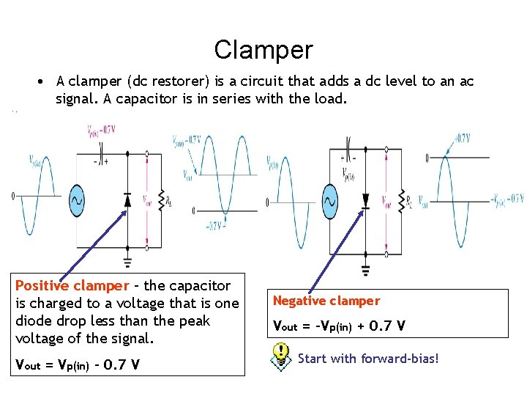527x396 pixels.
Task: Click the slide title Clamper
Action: (x=263, y=50)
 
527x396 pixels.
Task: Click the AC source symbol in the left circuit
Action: (x=77, y=199)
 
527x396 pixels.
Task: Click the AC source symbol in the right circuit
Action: (x=329, y=199)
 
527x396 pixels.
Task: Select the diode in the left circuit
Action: (x=127, y=199)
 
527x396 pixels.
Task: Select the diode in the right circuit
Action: (x=365, y=199)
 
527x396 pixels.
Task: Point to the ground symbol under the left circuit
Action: (x=128, y=262)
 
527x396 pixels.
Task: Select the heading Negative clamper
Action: (x=326, y=301)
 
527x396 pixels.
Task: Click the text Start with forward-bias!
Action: (x=368, y=359)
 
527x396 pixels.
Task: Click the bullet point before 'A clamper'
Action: (x=44, y=81)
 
